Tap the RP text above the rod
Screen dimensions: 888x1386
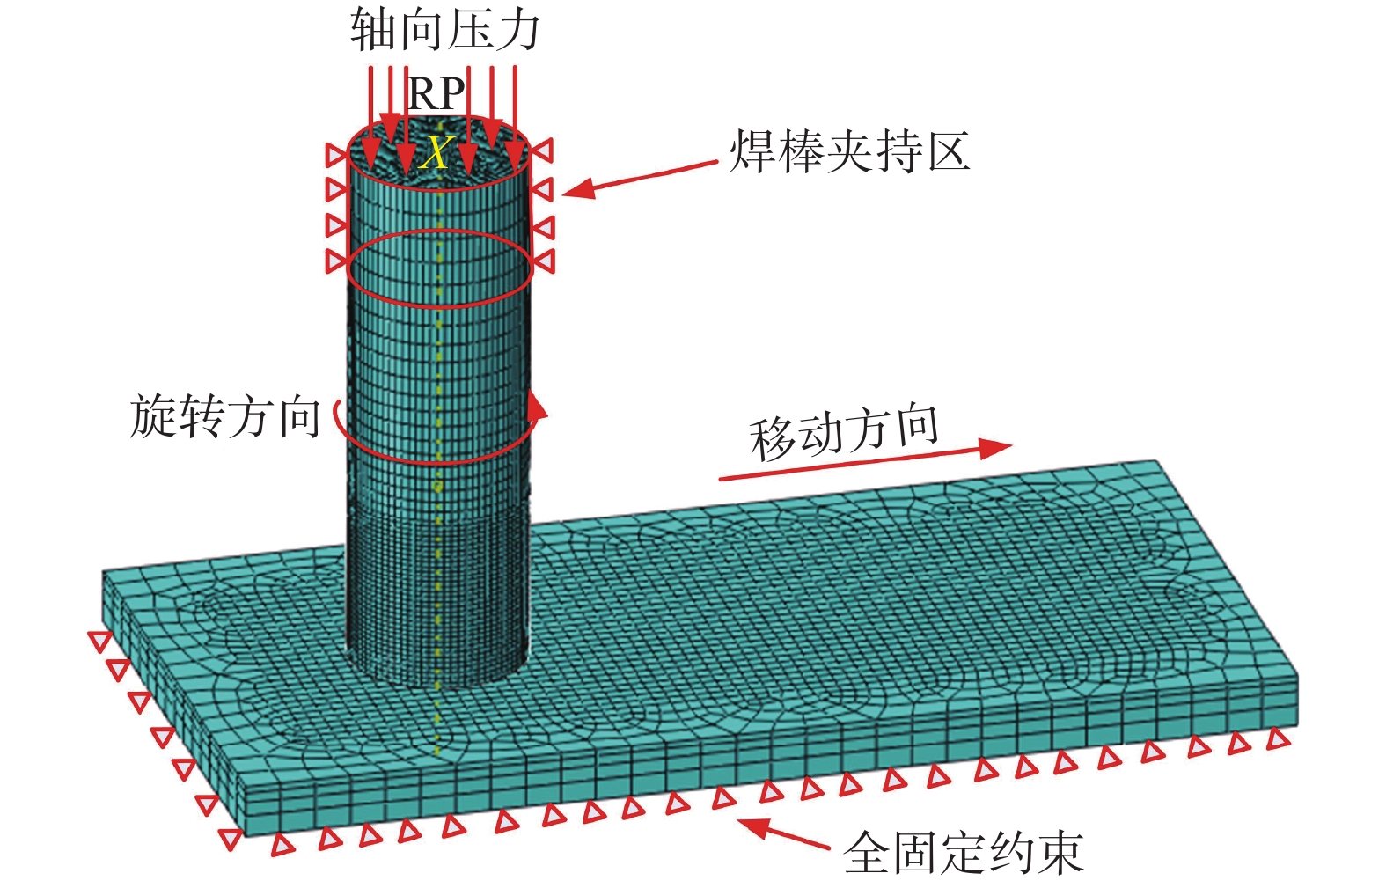point(436,93)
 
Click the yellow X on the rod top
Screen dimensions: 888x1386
point(435,154)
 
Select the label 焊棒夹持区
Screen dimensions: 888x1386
point(849,151)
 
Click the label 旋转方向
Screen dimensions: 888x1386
point(225,416)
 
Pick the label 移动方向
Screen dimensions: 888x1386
point(844,433)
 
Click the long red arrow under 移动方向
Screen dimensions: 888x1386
point(862,463)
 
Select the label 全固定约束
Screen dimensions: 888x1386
point(963,852)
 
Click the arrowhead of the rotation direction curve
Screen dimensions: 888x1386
point(537,407)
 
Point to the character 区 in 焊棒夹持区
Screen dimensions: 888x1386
point(947,151)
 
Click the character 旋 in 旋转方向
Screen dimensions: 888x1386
point(153,416)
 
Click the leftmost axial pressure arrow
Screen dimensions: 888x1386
point(371,106)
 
